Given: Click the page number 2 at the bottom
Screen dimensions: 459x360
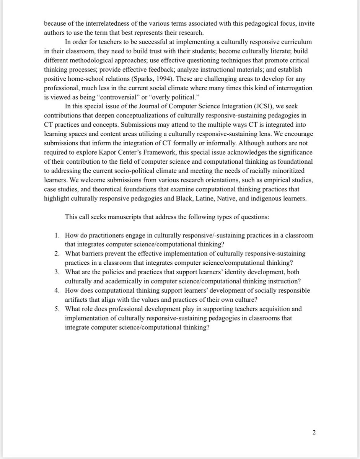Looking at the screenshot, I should point(314,433).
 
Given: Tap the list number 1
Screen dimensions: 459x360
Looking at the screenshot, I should point(56,235).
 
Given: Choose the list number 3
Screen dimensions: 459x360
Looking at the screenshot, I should point(56,272).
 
